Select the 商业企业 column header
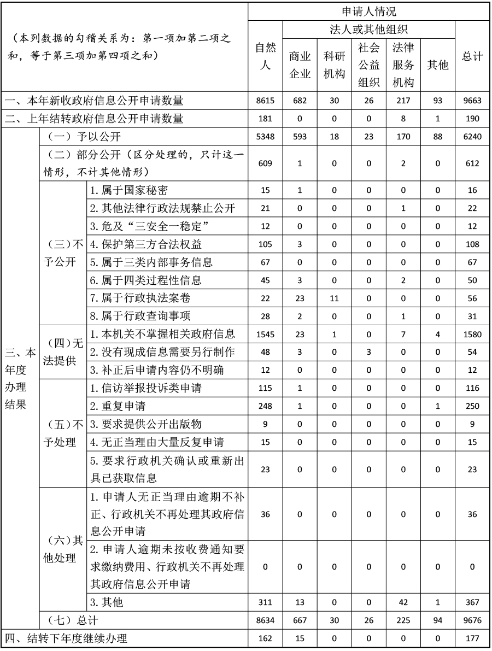coord(300,65)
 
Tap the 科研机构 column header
coord(334,65)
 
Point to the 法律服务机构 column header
coord(403,65)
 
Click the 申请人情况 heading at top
coord(369,11)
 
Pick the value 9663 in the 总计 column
coord(472,101)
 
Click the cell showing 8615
coord(265,101)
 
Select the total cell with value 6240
coord(472,137)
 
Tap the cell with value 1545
coord(265,334)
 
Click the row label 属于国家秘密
coord(129,190)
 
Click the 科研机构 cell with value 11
coord(334,298)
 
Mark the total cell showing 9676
coord(472,620)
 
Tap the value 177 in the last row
coord(472,638)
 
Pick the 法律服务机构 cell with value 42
coord(403,602)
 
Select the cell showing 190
coord(472,119)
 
